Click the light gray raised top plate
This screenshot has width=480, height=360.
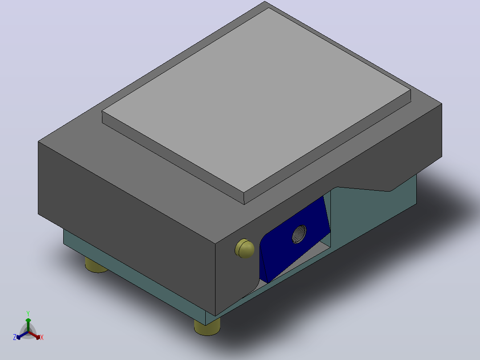click(x=256, y=101)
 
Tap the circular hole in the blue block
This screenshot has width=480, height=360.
click(x=299, y=234)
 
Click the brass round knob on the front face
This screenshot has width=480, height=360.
click(x=244, y=248)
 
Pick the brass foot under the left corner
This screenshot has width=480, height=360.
click(x=95, y=266)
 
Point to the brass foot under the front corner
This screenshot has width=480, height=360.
click(x=207, y=327)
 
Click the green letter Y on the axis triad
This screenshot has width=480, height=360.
click(x=28, y=313)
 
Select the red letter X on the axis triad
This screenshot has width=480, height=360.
click(x=42, y=337)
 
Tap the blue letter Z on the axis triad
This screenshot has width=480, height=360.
click(x=15, y=337)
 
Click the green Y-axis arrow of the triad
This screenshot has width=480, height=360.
click(x=28, y=325)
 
